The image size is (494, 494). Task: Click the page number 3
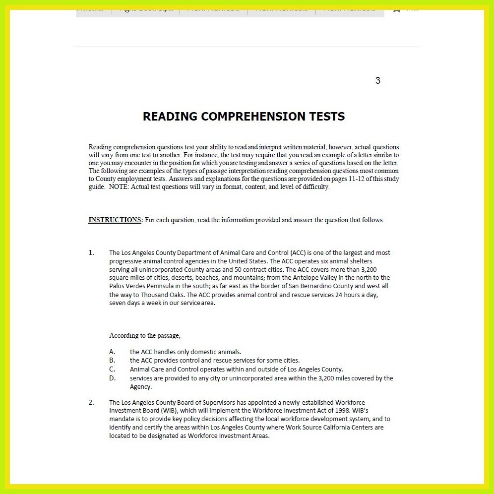coord(378,81)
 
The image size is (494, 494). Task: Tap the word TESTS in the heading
coord(325,117)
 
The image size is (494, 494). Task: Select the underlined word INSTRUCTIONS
coord(115,220)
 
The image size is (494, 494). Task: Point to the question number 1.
coord(91,253)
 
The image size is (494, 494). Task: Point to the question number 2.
coord(91,402)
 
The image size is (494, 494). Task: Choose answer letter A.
coord(112,352)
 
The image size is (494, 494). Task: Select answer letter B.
coord(112,360)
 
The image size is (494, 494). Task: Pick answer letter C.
coord(112,369)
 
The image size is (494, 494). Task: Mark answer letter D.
coord(112,378)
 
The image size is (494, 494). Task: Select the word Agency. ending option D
coord(140,387)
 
